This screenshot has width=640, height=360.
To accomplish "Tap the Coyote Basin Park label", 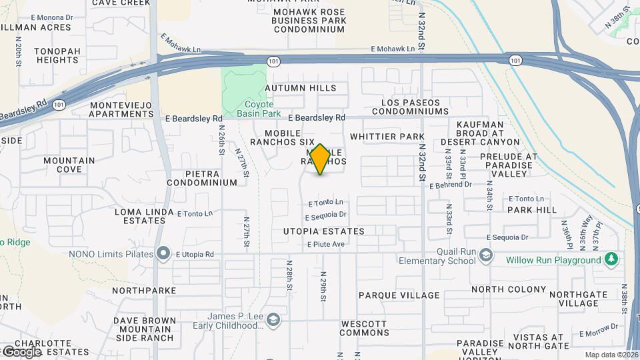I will (x=249, y=109).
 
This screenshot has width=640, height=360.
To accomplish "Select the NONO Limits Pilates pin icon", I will (x=163, y=254).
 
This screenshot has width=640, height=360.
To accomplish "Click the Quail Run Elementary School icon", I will (x=487, y=255).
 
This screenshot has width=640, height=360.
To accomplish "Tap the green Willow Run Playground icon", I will (x=611, y=259).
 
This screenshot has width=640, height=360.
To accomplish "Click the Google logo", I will (x=21, y=351).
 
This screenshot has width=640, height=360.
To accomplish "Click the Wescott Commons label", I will (x=364, y=328).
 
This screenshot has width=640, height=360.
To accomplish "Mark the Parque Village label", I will (x=399, y=295).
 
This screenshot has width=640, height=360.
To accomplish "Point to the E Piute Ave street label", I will (x=326, y=244).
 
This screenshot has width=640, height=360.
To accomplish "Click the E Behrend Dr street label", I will (x=450, y=185).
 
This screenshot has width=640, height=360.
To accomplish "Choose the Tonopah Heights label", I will (x=58, y=55).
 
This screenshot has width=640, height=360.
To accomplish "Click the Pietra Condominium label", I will (x=202, y=177).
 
